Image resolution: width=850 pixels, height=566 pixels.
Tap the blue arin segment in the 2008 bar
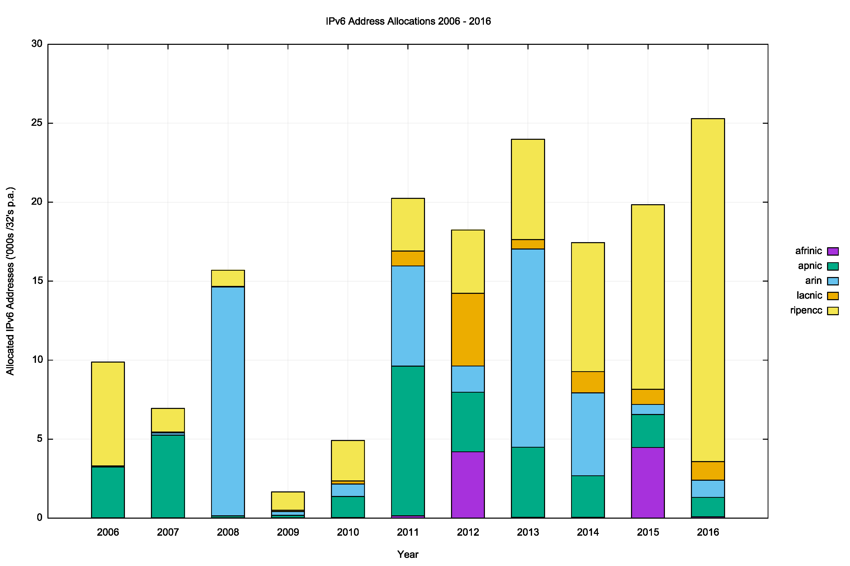[228, 401]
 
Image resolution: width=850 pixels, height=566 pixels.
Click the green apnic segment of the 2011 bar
[408, 440]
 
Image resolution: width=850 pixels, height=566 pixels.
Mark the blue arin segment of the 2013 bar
[528, 348]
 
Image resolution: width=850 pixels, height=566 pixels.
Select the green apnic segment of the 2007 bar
[168, 476]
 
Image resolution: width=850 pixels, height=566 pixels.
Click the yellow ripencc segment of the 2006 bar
[108, 414]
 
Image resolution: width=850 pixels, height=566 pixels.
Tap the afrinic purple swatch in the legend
[833, 251]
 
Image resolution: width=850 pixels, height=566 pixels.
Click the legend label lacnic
[809, 296]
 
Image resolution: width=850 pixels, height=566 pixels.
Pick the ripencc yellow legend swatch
[833, 311]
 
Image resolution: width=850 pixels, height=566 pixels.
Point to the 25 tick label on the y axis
[37, 123]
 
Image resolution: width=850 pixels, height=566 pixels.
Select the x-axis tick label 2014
[588, 532]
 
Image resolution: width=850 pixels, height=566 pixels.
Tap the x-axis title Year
[408, 555]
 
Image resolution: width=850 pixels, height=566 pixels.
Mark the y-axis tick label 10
[37, 360]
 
